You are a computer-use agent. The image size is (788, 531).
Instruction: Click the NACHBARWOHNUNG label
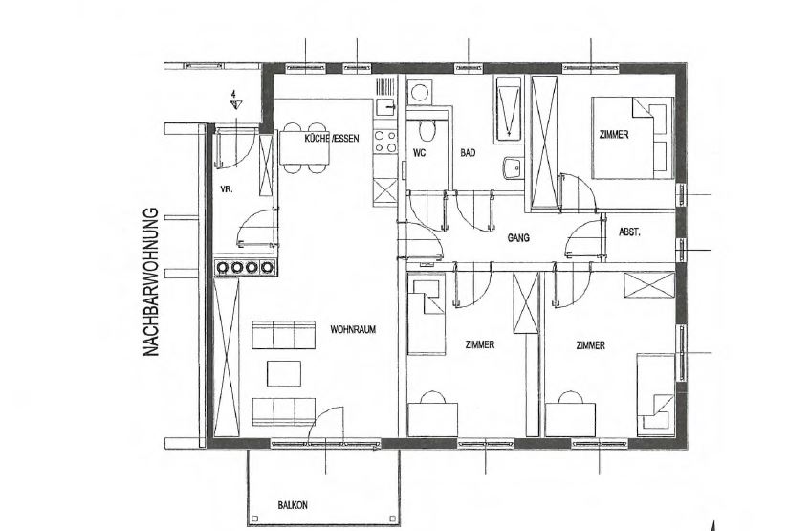tap(151, 282)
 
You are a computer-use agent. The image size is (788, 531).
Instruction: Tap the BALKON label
tap(293, 505)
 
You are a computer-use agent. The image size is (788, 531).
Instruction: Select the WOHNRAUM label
tap(353, 330)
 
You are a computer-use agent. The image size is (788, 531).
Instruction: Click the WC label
tap(419, 153)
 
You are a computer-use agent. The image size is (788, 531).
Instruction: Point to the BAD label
tap(468, 153)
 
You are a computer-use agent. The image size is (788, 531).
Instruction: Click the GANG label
tap(518, 238)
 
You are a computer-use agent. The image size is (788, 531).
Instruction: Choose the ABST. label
tap(629, 232)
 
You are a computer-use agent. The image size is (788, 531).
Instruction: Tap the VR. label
tap(227, 189)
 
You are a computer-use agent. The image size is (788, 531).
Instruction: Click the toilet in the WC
tap(427, 130)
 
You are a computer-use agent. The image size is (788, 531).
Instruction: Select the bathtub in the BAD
tap(509, 110)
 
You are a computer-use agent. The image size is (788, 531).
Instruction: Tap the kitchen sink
tap(385, 106)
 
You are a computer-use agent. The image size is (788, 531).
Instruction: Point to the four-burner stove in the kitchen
tap(385, 142)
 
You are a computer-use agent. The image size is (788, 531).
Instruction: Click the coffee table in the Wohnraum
tap(284, 373)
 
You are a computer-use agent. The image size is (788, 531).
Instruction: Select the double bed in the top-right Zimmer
tap(632, 138)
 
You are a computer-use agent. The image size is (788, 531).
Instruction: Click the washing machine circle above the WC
tap(418, 92)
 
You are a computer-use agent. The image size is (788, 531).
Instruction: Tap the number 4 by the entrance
tap(233, 94)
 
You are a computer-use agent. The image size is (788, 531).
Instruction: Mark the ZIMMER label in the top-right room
tap(614, 135)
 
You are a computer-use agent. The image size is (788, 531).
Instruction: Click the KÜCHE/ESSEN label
tap(332, 139)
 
